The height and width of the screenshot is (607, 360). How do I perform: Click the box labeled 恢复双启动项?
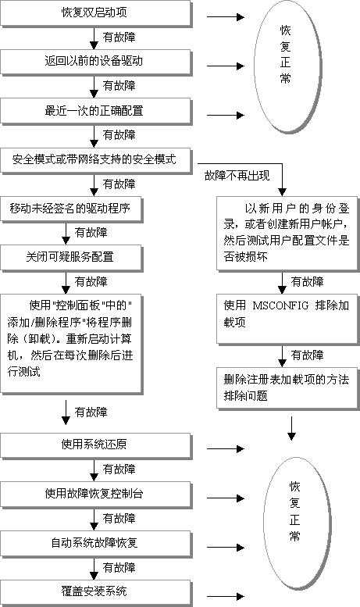[x=95, y=13]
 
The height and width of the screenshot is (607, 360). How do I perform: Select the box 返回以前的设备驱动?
[x=95, y=62]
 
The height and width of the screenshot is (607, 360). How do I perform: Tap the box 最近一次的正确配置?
[x=95, y=111]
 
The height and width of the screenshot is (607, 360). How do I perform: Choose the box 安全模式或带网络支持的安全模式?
[x=95, y=160]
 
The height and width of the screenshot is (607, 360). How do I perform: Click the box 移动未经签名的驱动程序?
[x=71, y=209]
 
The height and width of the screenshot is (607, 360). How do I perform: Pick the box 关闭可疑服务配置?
[x=71, y=258]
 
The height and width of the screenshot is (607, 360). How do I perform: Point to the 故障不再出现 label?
[x=237, y=176]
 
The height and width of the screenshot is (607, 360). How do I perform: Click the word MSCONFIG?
[x=280, y=305]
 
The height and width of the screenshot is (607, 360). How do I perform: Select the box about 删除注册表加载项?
[x=287, y=388]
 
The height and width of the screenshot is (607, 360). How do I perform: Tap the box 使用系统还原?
[x=95, y=446]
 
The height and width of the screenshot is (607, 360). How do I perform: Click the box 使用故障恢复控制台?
[x=95, y=495]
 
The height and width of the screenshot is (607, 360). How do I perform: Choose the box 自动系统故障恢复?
[x=95, y=544]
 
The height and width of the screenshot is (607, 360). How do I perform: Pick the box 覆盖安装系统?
[x=95, y=593]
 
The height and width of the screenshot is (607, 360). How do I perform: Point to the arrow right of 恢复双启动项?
[x=225, y=17]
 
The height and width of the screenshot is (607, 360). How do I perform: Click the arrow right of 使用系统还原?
[x=225, y=449]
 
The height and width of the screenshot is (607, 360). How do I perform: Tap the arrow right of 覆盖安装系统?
[x=225, y=597]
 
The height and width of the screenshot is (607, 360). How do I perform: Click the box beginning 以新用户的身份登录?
[x=287, y=234]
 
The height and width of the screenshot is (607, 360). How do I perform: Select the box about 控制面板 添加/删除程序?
[x=71, y=344]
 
